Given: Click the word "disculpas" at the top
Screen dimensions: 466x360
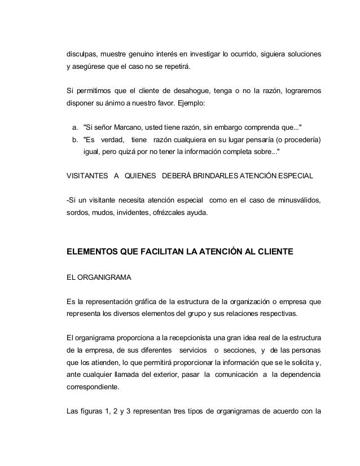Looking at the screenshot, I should tap(83, 55).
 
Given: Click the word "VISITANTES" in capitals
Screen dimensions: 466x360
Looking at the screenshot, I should tap(87, 174).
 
